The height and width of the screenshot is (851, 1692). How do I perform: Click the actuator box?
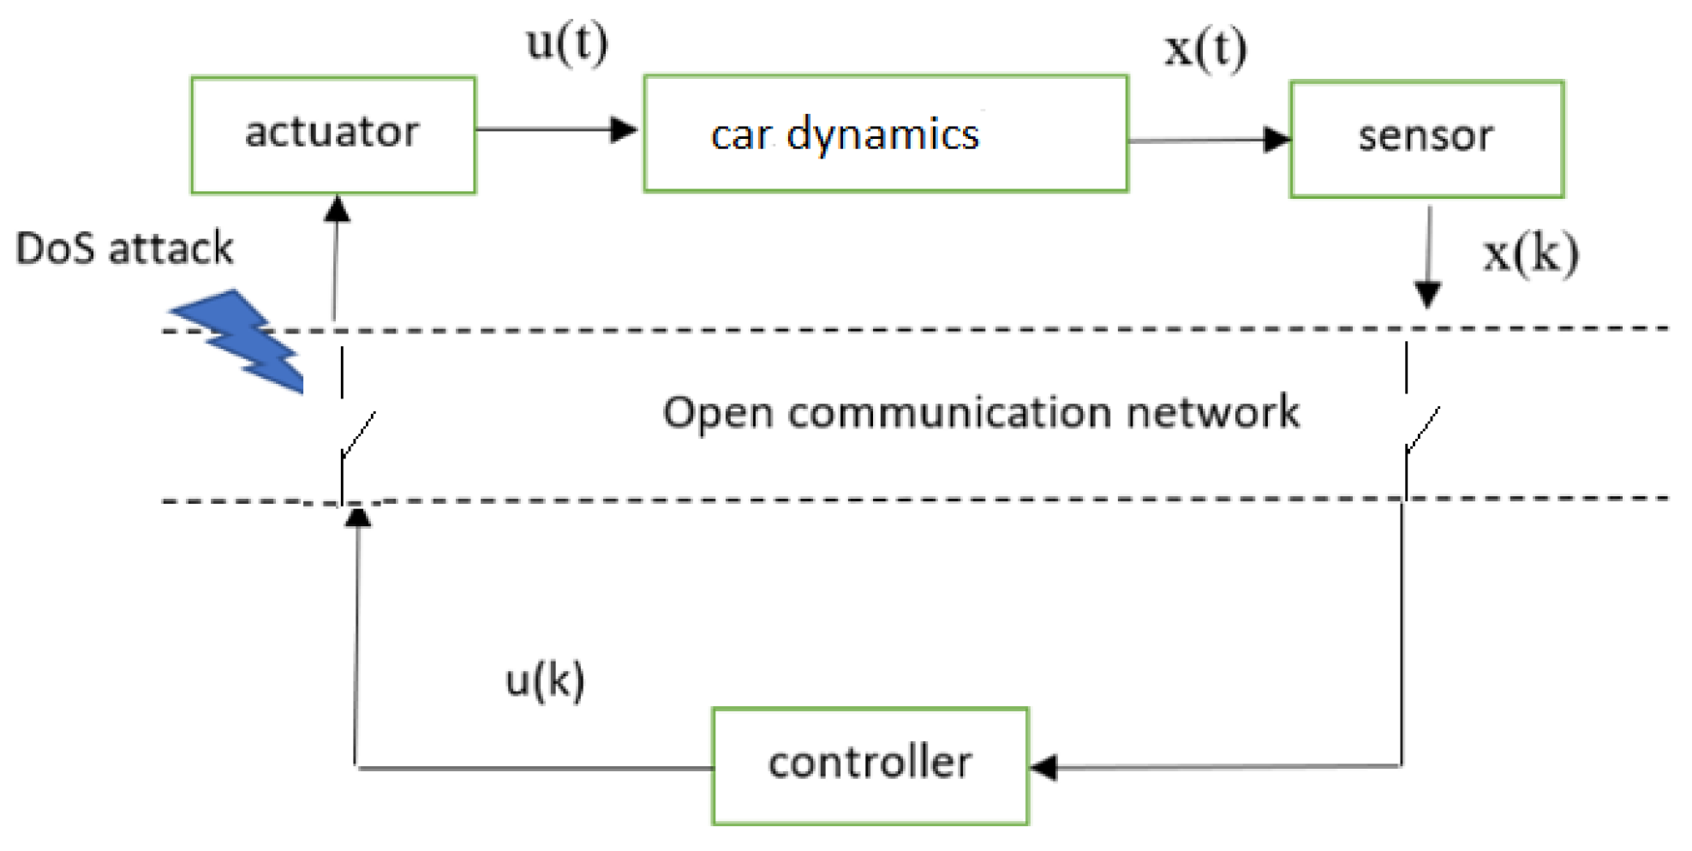click(x=332, y=135)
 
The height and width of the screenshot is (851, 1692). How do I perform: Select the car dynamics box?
click(x=885, y=134)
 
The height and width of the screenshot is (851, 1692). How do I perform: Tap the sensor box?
click(x=1426, y=139)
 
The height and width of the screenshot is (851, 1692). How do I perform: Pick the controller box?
click(x=870, y=765)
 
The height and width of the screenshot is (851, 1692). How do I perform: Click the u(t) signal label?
click(x=567, y=42)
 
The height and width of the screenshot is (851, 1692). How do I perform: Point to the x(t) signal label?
click(x=1205, y=48)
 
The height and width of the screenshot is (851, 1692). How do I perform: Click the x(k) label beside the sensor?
click(x=1531, y=254)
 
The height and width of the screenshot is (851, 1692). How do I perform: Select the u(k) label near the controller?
click(x=545, y=681)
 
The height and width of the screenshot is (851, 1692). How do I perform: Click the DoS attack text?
click(x=124, y=249)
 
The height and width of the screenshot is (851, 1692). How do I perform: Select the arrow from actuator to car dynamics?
click(x=557, y=129)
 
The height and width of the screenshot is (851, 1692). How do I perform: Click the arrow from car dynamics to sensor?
click(x=1208, y=140)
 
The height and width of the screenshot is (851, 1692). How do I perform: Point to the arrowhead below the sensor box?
click(x=1426, y=295)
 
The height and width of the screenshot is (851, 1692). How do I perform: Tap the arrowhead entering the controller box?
click(x=1043, y=767)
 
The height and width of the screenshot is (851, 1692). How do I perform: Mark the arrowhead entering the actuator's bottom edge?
click(x=338, y=208)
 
